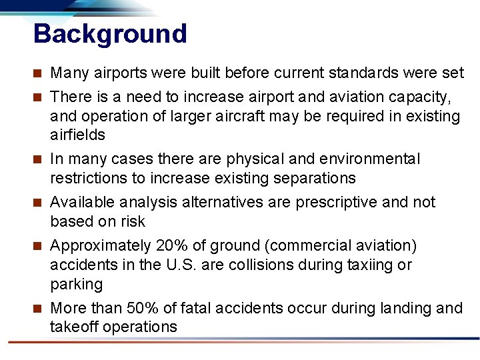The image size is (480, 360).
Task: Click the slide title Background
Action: (x=110, y=33)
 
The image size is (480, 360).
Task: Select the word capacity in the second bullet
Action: (x=422, y=97)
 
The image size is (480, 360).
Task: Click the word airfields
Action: (x=77, y=135)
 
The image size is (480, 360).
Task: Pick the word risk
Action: (x=133, y=221)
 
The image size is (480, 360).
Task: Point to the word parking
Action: (x=77, y=284)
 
